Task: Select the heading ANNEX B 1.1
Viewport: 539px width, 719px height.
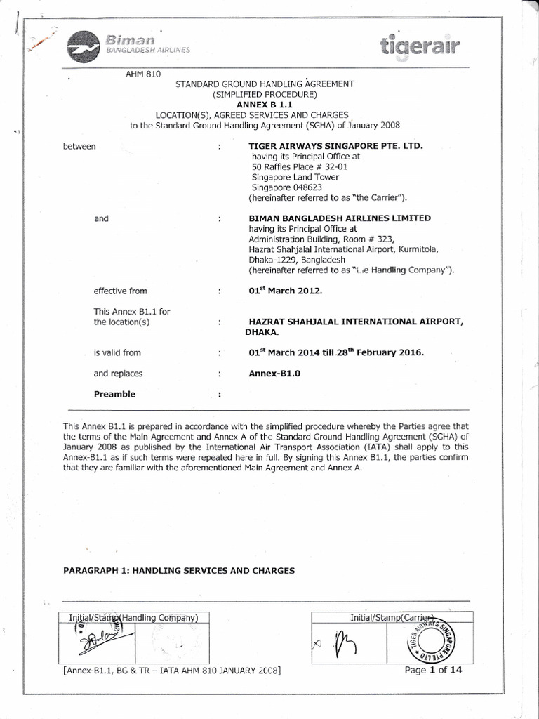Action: (x=265, y=104)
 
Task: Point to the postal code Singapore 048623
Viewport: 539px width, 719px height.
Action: (x=283, y=187)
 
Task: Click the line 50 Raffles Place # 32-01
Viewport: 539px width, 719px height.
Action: (x=298, y=167)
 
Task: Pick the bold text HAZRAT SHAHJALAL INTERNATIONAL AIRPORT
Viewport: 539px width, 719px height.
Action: (x=356, y=322)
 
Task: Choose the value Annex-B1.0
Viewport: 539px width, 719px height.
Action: (x=274, y=374)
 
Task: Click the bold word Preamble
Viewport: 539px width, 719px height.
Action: (x=114, y=394)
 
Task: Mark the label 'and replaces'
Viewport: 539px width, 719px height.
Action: (x=118, y=374)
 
